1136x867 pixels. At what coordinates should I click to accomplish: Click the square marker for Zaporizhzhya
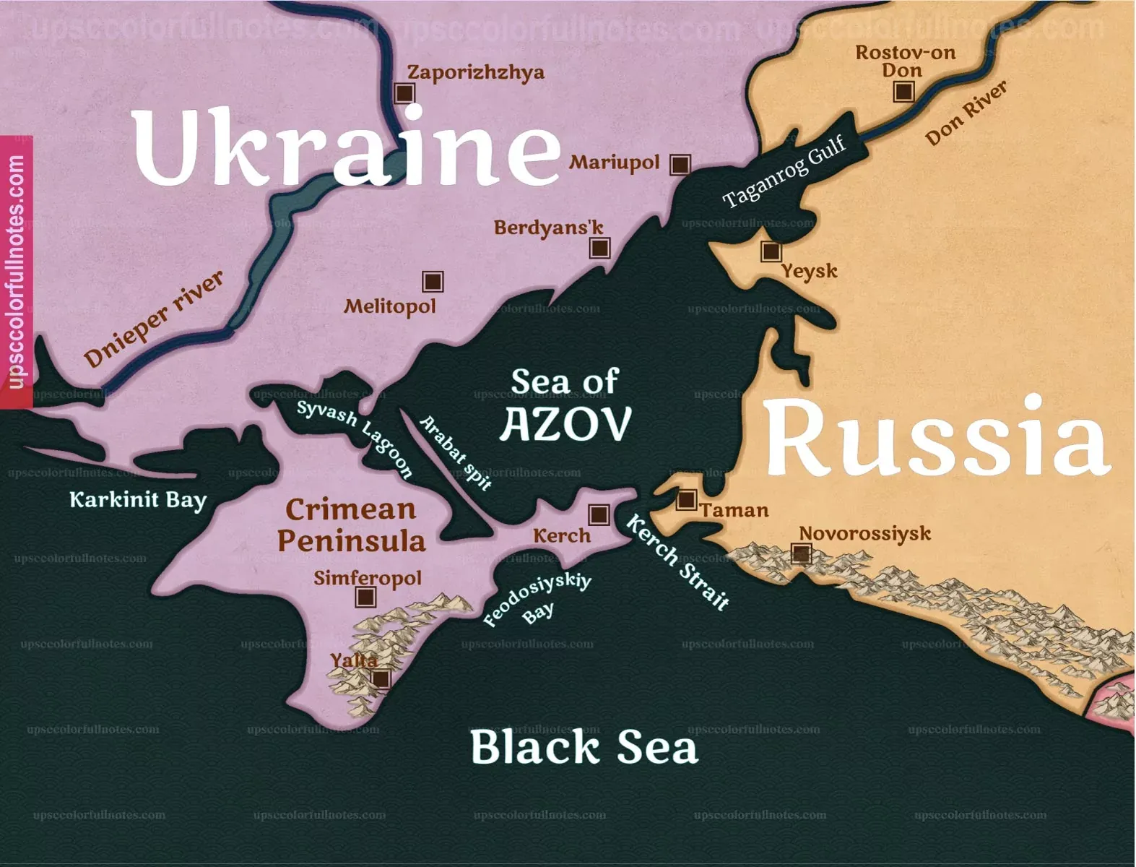tap(404, 93)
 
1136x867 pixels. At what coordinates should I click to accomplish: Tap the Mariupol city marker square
tap(680, 165)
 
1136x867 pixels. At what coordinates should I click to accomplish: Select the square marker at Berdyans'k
tap(599, 248)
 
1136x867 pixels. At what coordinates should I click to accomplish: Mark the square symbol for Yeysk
tap(771, 251)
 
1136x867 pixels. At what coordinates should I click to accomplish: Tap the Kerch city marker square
tap(599, 514)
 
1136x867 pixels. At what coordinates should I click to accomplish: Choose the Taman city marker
tap(686, 499)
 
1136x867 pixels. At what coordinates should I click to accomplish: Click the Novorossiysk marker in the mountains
tap(800, 554)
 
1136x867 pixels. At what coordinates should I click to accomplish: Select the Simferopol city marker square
tap(366, 597)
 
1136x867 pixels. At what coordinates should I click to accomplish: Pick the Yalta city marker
tap(381, 678)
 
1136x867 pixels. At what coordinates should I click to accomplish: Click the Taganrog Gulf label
tap(784, 172)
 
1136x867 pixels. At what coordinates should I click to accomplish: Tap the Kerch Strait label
tap(677, 562)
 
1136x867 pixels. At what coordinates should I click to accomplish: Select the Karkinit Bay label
tap(138, 499)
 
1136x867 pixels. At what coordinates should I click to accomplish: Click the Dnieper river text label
tap(154, 319)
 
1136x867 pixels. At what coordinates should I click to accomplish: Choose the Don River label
tap(966, 113)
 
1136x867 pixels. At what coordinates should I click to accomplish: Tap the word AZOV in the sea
tap(565, 424)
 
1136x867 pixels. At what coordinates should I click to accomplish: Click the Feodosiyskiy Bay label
tap(537, 600)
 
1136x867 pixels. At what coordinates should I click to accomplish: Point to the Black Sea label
tap(584, 747)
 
